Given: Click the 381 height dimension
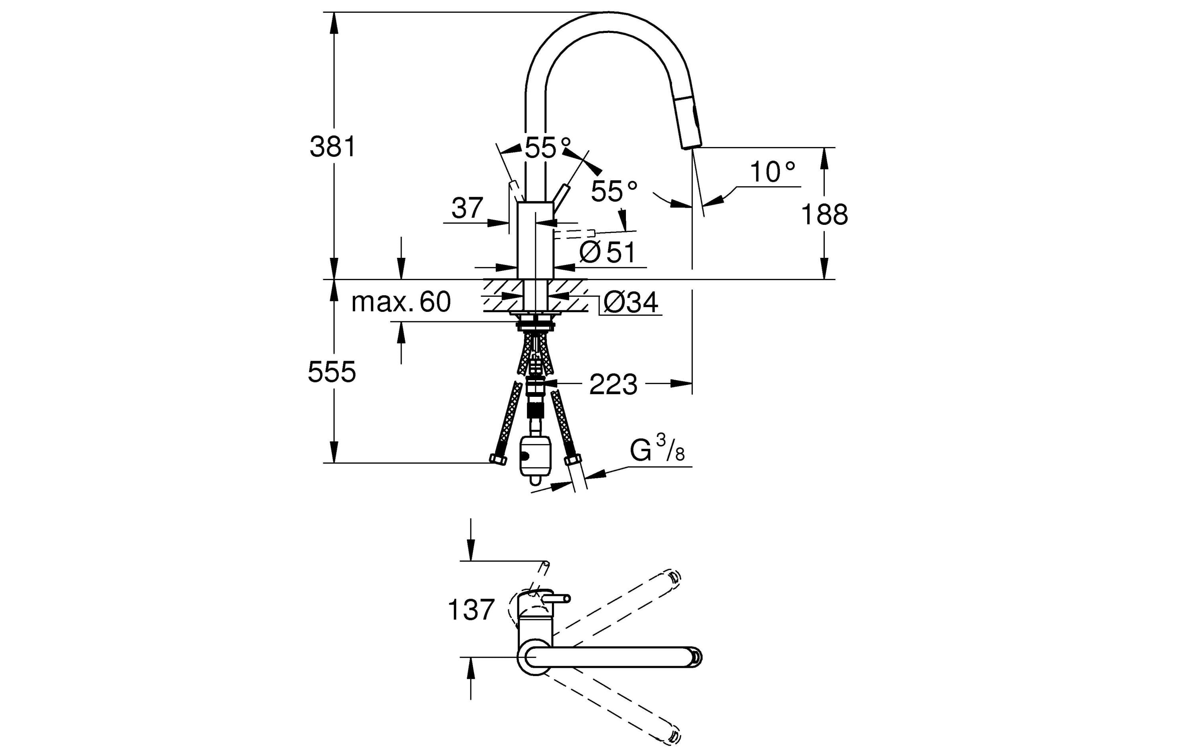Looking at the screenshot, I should click(x=332, y=147).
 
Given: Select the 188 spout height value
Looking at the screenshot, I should click(x=824, y=215).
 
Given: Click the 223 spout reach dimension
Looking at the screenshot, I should click(x=613, y=385).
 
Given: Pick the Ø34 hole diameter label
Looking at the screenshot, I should click(x=631, y=302).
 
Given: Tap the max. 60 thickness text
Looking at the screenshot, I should click(x=401, y=302).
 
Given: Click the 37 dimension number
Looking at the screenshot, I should click(x=467, y=208).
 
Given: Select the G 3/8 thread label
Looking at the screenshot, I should click(x=657, y=448).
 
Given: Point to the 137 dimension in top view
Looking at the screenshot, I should click(x=471, y=610).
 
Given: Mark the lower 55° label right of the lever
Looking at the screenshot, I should click(x=614, y=191).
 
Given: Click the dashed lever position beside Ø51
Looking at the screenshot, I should click(x=575, y=234).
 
